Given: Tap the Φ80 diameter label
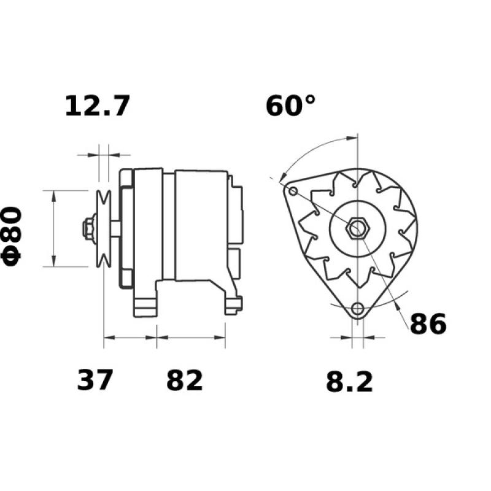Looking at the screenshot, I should [14, 236].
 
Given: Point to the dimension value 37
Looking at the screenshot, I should [95, 380].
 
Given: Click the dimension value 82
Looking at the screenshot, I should [184, 380].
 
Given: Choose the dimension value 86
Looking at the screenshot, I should [428, 325].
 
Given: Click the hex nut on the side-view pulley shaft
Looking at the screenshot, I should [88, 229].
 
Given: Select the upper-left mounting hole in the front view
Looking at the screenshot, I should [293, 192].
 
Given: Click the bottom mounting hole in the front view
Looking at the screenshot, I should [357, 309].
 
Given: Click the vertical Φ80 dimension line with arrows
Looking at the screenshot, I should [53, 229].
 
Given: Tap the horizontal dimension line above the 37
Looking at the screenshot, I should [130, 337].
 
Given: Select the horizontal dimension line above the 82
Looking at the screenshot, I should [191, 337].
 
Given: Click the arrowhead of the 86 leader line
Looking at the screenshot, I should [398, 300].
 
